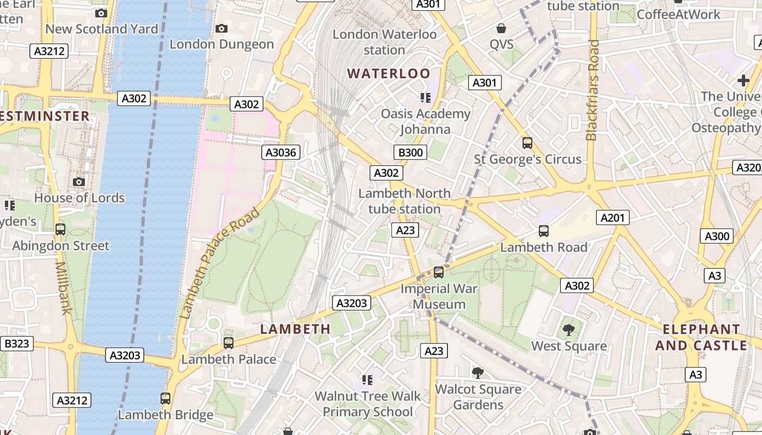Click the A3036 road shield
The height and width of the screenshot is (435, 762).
tap(281, 152)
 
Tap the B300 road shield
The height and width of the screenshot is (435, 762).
tap(410, 152)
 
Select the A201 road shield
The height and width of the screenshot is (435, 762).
tap(613, 217)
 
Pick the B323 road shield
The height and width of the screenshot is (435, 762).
tap(16, 344)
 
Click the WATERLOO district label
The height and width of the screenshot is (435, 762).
tap(389, 73)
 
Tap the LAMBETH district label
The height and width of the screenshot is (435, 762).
tap(295, 329)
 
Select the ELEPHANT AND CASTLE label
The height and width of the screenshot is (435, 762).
tap(701, 337)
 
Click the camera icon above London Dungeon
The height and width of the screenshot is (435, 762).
tap(222, 28)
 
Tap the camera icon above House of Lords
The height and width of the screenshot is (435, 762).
tap(79, 182)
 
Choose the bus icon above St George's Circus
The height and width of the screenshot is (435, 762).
tap(527, 143)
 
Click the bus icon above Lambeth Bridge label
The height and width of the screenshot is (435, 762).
tap(165, 399)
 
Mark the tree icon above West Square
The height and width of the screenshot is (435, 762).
tap(569, 330)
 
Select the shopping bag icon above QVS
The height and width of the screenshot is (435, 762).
tap(501, 28)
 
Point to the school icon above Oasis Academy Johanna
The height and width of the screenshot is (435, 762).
tap(425, 98)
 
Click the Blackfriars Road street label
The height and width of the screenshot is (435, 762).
tap(593, 90)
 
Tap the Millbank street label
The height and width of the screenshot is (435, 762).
tap(63, 288)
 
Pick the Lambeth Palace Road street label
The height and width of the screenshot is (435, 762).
tap(220, 263)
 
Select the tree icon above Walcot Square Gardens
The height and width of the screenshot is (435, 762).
tap(477, 372)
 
